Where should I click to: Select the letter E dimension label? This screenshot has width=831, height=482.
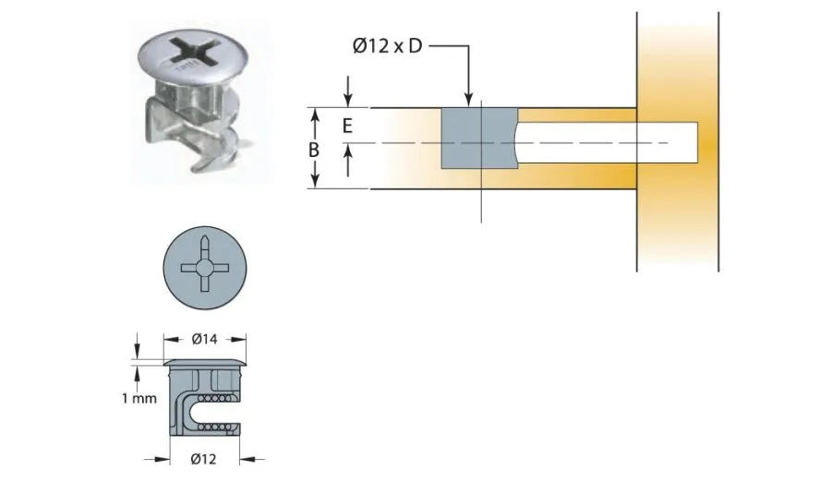(347, 127)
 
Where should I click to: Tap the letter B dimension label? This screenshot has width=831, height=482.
(314, 149)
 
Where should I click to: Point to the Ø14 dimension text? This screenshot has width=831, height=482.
(204, 339)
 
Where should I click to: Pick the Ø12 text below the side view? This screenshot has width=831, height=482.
(204, 458)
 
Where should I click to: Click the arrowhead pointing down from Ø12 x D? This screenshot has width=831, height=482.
(469, 101)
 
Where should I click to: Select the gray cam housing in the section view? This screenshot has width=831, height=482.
(478, 139)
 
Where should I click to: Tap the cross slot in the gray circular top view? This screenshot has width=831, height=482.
(204, 267)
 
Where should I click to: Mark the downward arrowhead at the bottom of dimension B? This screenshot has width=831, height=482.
(315, 181)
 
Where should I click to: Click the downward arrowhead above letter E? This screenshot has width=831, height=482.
(348, 101)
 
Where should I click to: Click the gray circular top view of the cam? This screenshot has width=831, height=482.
(204, 267)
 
